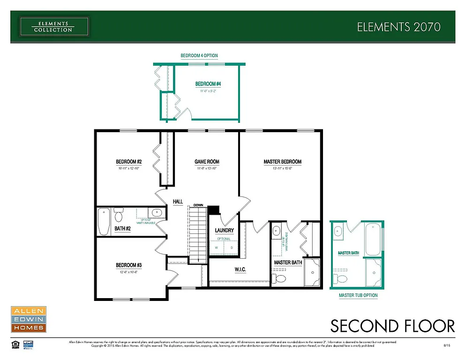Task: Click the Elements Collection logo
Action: (x=53, y=26)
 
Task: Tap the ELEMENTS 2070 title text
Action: (x=398, y=27)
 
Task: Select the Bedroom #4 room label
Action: (x=208, y=84)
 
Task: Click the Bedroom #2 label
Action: (x=129, y=162)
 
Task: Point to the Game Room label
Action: (x=207, y=162)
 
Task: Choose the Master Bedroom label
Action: (x=282, y=162)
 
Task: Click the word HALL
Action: (x=178, y=202)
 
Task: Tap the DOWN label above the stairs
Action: (x=198, y=205)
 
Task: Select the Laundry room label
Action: (x=224, y=231)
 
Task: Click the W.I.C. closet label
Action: (x=234, y=270)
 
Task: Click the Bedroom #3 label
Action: (x=129, y=265)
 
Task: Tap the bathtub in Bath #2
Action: (x=104, y=221)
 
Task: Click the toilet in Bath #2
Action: (x=118, y=216)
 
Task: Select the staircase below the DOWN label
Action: (x=198, y=234)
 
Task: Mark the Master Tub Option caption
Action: (x=358, y=296)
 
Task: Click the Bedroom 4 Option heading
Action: (x=199, y=56)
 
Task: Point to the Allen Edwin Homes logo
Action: (x=28, y=319)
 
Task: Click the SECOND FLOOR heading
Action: (x=392, y=326)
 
